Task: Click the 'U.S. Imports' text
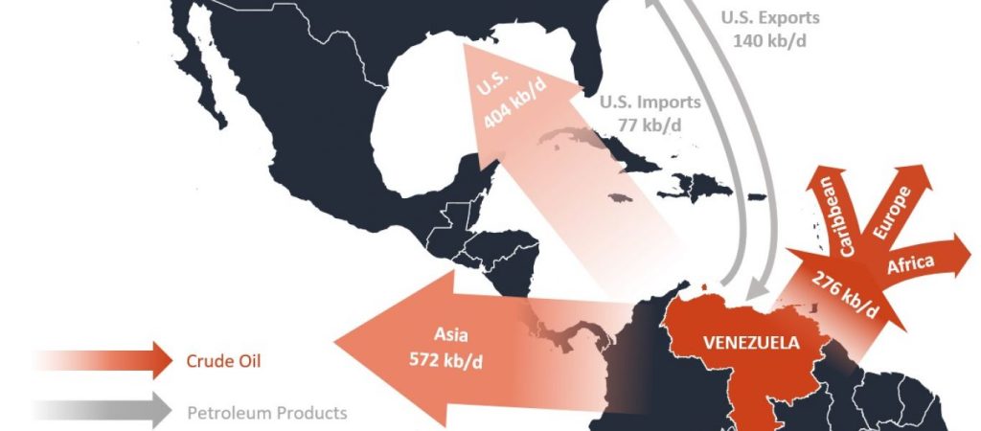(x=650, y=102)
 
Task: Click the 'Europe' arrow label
(x=893, y=211)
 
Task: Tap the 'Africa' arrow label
(x=912, y=265)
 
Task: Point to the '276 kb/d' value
(x=845, y=294)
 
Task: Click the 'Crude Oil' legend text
(x=220, y=362)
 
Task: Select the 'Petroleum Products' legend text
(x=266, y=413)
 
